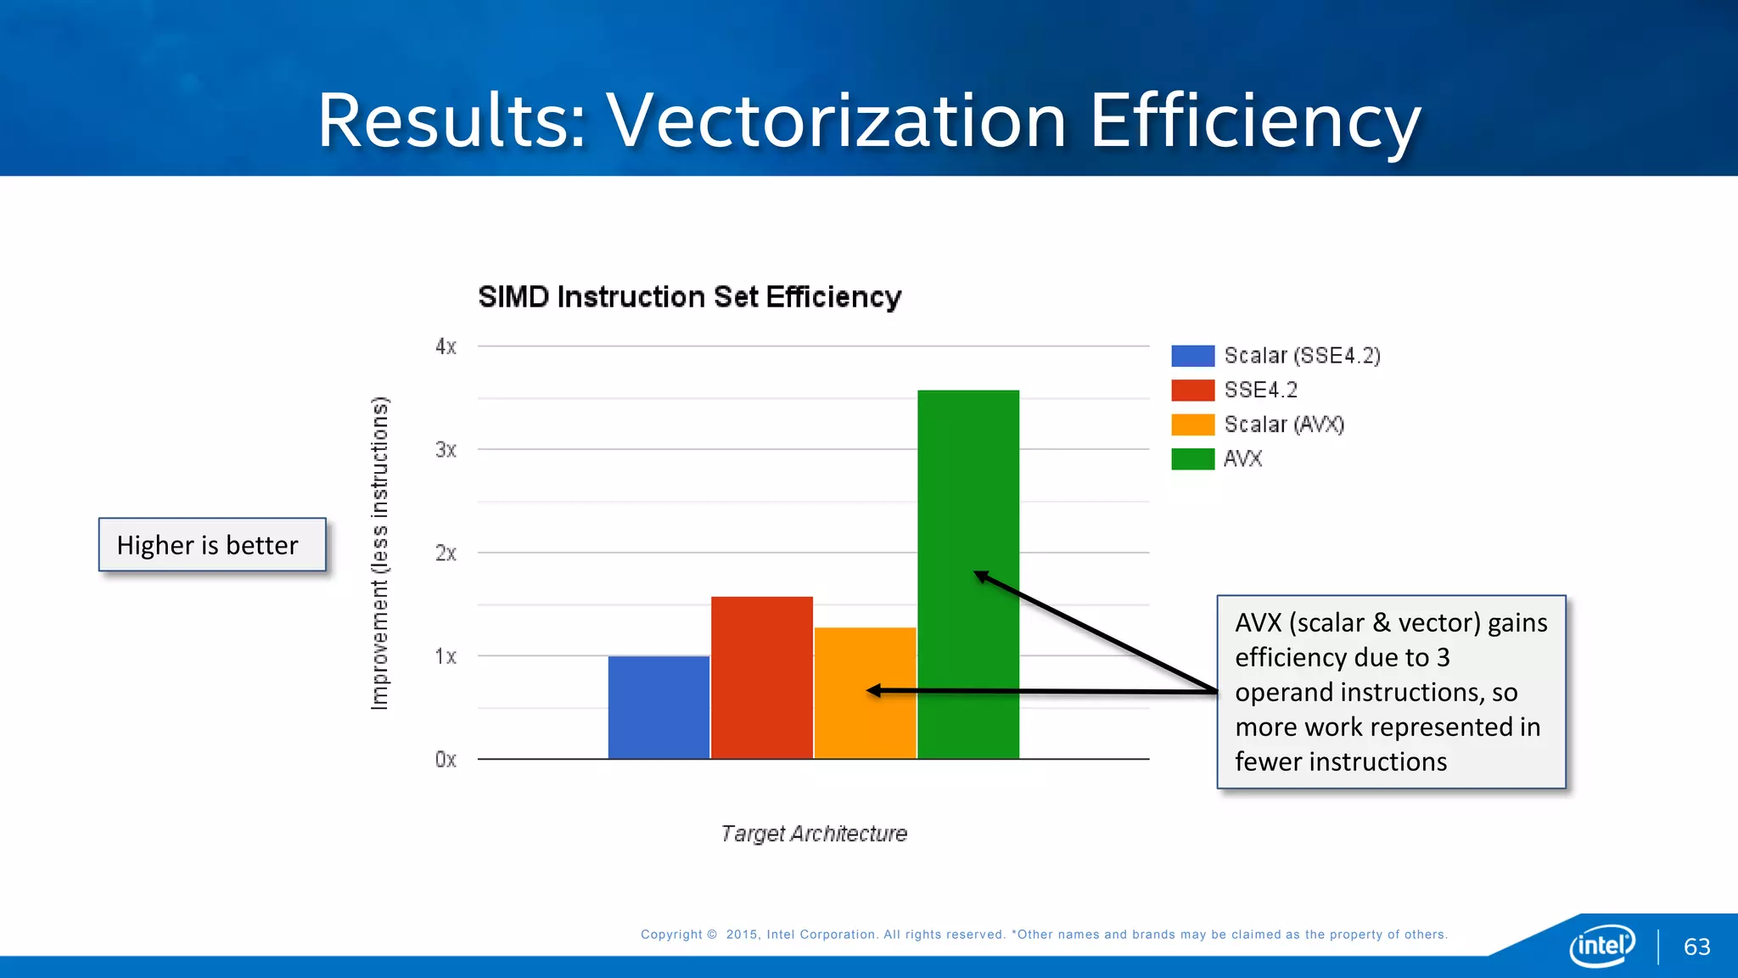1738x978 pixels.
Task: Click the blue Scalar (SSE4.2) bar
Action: pos(659,707)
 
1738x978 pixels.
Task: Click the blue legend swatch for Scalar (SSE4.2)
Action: pos(1192,356)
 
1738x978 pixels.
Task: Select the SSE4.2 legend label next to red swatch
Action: pos(1260,390)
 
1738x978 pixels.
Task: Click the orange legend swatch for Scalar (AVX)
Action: pos(1192,424)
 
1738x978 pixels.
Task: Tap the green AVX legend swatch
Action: pos(1192,459)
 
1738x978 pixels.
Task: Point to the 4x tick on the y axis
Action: pos(446,346)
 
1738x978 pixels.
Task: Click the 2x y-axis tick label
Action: pos(446,554)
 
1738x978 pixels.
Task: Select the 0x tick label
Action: pos(446,760)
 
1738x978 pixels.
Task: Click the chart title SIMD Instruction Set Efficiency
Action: pos(689,297)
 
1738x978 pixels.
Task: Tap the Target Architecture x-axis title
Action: pos(814,834)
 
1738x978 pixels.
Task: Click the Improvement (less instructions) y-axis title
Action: pos(379,554)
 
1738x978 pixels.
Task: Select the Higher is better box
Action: pos(212,545)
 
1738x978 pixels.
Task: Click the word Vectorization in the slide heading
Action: pos(836,121)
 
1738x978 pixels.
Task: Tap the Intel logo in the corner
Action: pos(1601,945)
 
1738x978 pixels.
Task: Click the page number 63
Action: pos(1696,947)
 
